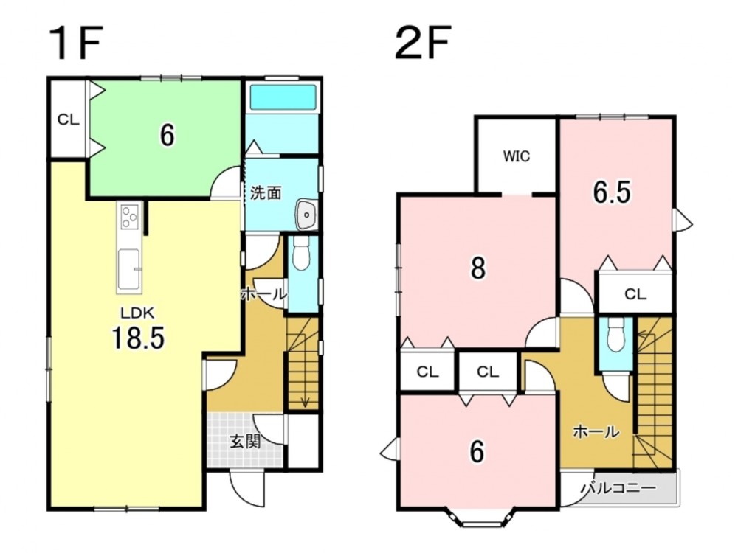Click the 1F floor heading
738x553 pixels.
click(77, 44)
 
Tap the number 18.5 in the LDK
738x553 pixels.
click(138, 338)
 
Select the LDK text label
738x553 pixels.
click(137, 312)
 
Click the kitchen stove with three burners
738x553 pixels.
click(129, 218)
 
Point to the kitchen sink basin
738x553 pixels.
click(128, 269)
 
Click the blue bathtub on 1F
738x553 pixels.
click(283, 97)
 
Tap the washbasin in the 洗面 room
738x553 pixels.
click(306, 215)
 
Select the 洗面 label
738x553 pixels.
click(266, 192)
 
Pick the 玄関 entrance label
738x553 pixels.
click(245, 442)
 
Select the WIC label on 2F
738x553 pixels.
click(517, 156)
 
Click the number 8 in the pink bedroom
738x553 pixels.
click(477, 268)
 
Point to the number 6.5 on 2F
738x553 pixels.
click(611, 192)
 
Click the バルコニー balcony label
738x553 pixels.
click(618, 487)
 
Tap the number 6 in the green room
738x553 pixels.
click(167, 136)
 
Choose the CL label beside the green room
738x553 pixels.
click(68, 120)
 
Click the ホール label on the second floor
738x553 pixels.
click(596, 431)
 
